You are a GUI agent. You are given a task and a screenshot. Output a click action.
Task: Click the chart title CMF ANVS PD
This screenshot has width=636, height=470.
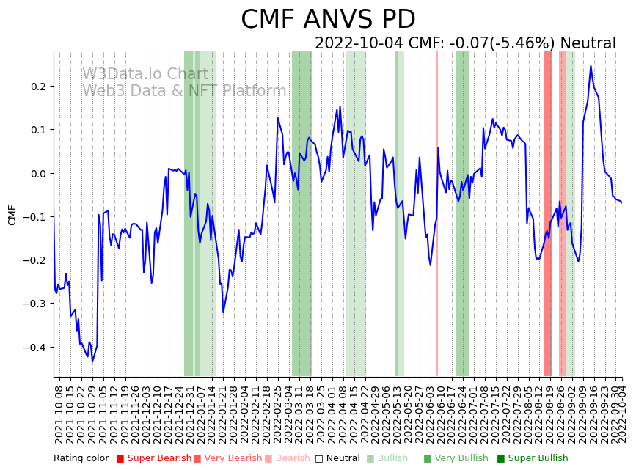click(328, 20)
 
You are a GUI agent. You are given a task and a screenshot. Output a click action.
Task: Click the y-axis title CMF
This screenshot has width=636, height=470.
click(12, 215)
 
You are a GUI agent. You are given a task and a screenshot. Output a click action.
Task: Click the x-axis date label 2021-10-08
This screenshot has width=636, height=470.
click(59, 414)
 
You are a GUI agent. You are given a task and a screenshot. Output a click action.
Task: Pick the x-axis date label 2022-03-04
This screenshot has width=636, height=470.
click(289, 414)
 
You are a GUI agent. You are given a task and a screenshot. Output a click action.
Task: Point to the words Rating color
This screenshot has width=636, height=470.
click(81, 459)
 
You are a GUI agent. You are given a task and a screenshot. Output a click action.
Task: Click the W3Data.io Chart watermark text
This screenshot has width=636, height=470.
click(145, 74)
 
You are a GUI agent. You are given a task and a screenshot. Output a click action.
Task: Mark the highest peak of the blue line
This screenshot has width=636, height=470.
click(591, 66)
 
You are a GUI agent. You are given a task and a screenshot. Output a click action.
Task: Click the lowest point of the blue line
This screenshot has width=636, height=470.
click(92, 361)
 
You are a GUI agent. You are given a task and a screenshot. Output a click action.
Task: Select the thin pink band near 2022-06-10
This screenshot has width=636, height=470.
click(436, 213)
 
